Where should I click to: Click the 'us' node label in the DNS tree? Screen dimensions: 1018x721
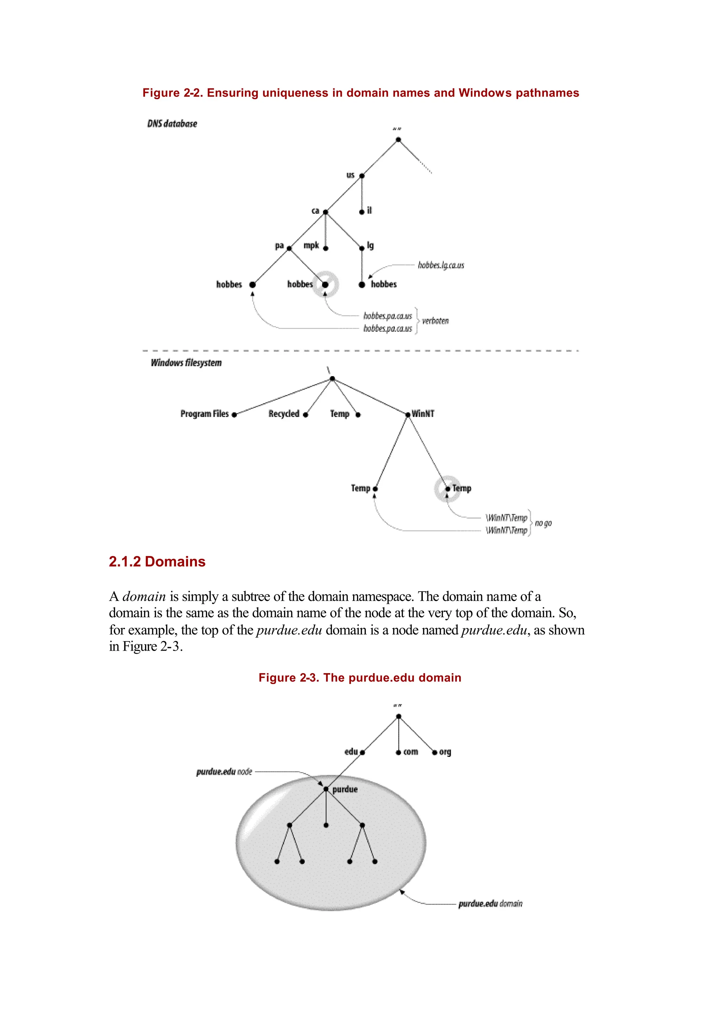click(350, 175)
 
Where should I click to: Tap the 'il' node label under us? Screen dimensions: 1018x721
click(369, 210)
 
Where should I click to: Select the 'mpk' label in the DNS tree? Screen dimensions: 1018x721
click(311, 245)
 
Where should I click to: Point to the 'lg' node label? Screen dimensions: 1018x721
click(370, 245)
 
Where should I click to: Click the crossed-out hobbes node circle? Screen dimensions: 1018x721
click(325, 284)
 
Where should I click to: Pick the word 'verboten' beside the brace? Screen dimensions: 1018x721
click(435, 321)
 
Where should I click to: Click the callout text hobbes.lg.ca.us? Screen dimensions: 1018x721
click(441, 265)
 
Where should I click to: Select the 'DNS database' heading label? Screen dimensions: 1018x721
click(172, 124)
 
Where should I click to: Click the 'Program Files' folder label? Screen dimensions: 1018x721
click(204, 413)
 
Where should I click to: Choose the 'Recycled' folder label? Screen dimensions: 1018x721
click(284, 413)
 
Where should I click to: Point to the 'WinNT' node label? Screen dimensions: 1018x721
click(423, 413)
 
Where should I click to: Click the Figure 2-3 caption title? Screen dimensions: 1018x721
click(360, 678)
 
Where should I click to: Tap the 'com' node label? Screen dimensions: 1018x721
click(411, 752)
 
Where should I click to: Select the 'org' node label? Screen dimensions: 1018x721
click(445, 752)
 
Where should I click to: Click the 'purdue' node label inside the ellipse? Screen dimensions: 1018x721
click(345, 789)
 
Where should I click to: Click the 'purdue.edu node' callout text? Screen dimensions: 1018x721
click(224, 772)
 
